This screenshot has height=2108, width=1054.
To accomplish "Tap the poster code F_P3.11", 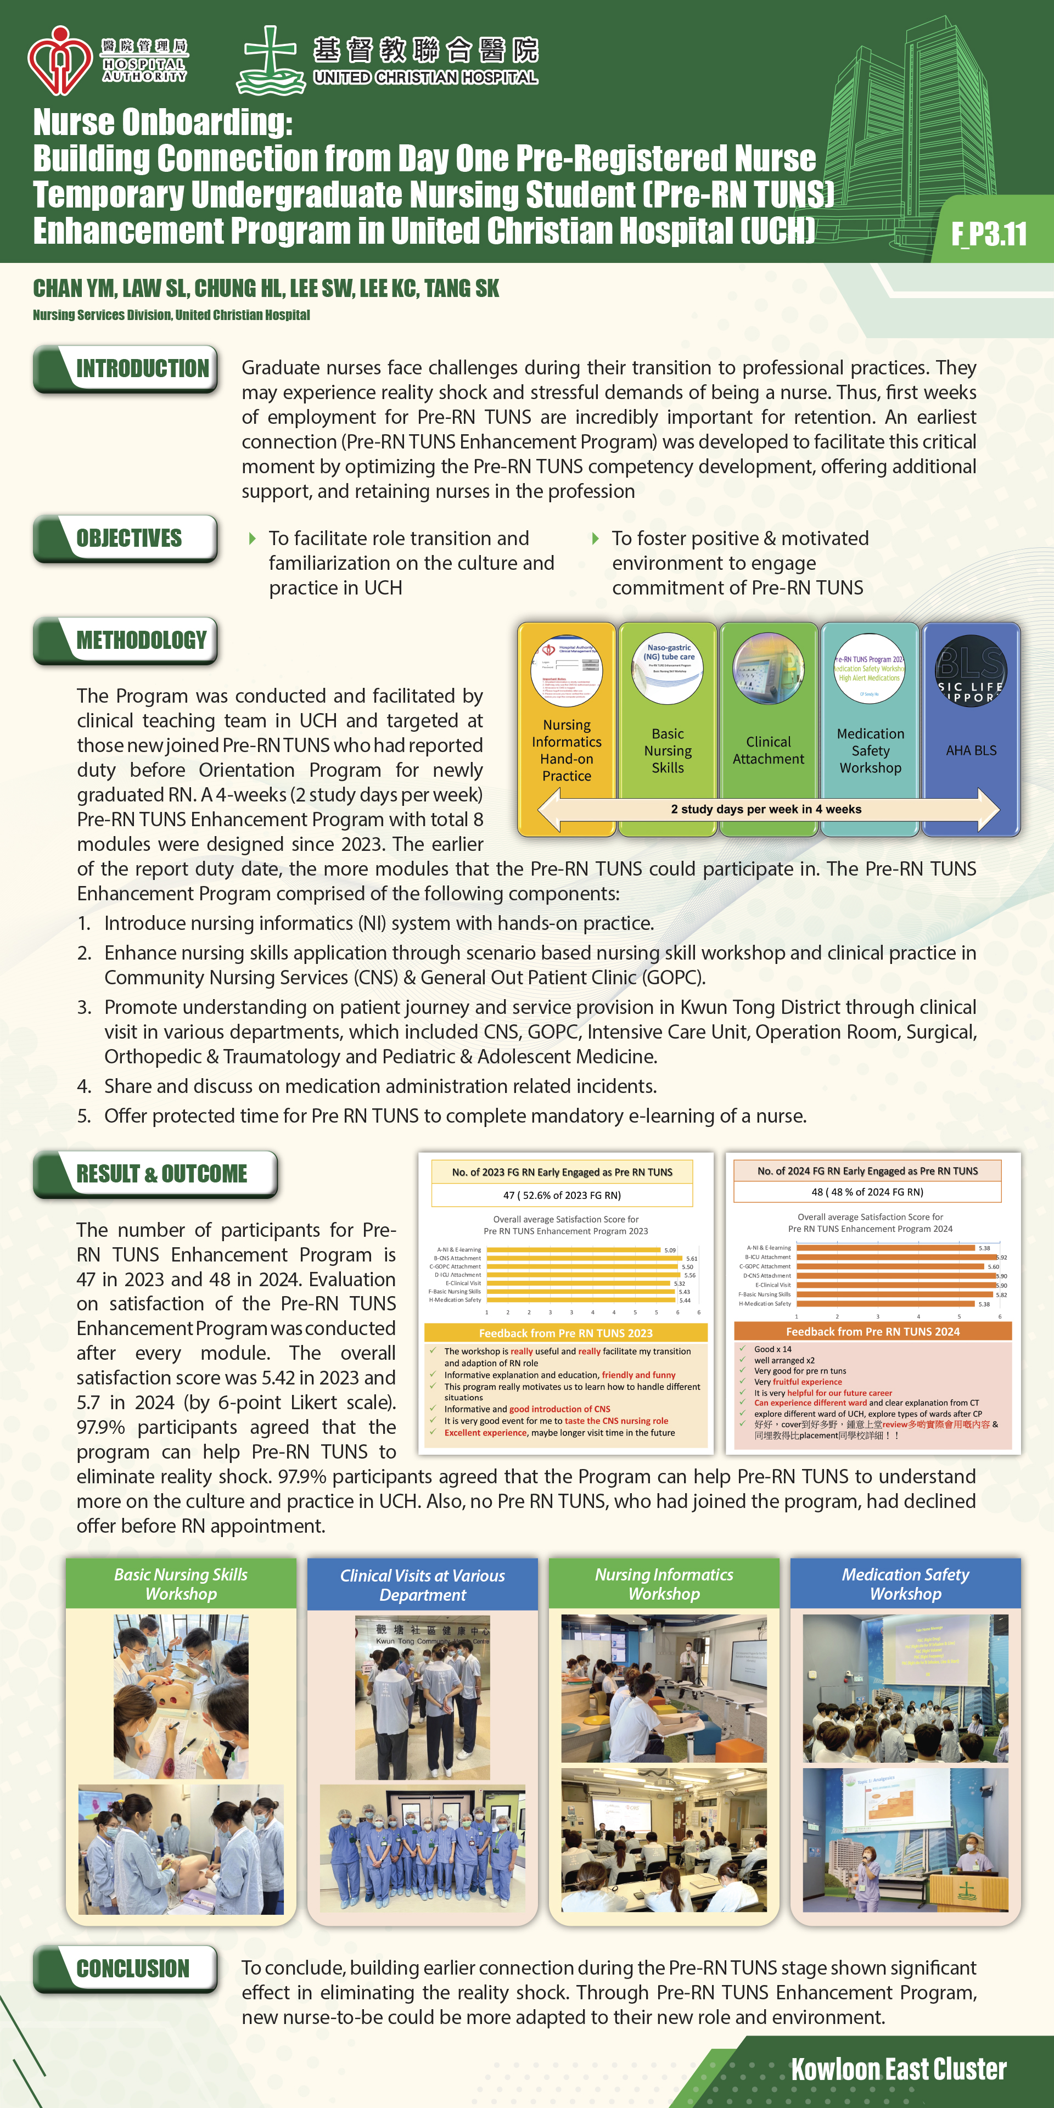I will (x=989, y=234).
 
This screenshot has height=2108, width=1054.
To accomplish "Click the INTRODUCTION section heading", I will (x=142, y=368).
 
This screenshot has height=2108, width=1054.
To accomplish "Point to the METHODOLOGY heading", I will (x=141, y=640).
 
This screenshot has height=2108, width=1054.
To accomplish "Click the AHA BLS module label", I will (x=971, y=750).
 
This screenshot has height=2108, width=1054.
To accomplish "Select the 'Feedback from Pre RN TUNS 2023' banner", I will (x=565, y=1333).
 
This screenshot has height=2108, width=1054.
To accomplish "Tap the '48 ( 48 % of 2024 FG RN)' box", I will (x=867, y=1191).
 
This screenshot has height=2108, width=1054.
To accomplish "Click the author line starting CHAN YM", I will (x=266, y=289).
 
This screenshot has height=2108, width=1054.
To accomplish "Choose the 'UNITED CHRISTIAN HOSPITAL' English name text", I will (x=425, y=78).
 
